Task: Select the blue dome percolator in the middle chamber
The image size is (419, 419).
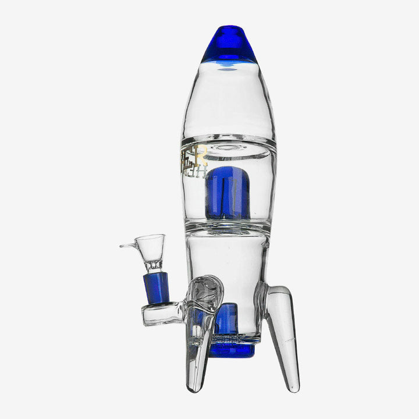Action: coord(228,193)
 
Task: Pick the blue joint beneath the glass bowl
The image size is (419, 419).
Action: coord(156,287)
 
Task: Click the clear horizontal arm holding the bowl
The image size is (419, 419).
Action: coord(163,314)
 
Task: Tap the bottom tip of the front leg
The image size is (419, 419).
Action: coord(197,386)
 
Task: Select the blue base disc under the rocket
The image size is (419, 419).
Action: coord(232,350)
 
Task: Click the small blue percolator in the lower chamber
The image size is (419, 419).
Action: coord(228,318)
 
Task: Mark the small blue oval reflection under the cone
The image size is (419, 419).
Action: coord(228,69)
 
